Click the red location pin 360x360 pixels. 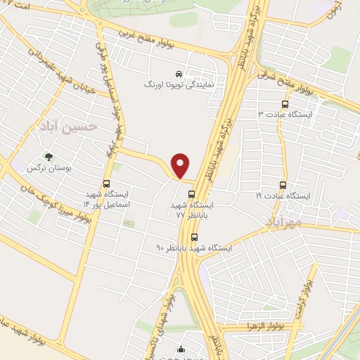pyautogui.click(x=181, y=165)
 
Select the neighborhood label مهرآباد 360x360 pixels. pyautogui.click(x=283, y=222)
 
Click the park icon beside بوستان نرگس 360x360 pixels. pyautogui.click(x=48, y=157)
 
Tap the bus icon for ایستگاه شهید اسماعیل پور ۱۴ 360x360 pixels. pyautogui.click(x=106, y=185)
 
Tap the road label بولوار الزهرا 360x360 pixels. pyautogui.click(x=250, y=328)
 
